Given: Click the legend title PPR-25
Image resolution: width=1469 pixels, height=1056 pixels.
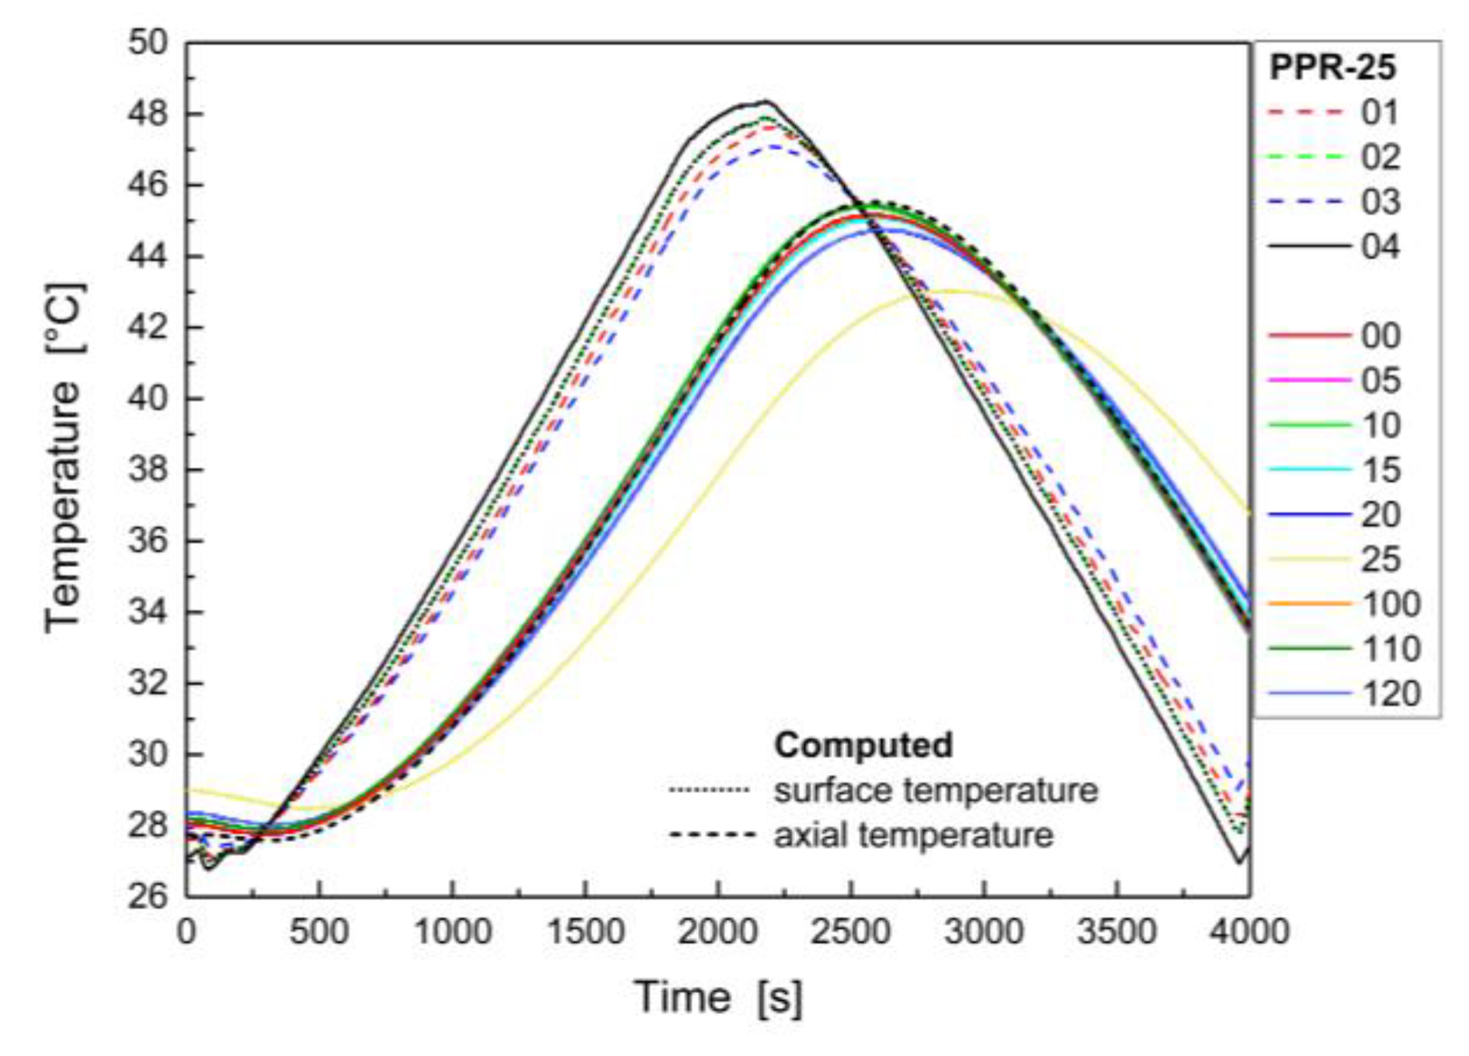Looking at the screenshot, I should [x=1332, y=68].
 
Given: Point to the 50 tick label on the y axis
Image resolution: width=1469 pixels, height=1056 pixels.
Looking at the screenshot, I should [x=148, y=43].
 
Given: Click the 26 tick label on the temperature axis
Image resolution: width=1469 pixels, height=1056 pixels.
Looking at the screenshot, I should [x=148, y=896].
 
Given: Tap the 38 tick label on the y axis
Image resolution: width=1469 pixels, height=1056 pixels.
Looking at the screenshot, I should [x=148, y=469].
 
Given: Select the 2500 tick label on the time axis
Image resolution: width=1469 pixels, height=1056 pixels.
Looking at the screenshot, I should [x=851, y=931].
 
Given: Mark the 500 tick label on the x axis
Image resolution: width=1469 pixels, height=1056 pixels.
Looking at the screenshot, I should [x=319, y=931].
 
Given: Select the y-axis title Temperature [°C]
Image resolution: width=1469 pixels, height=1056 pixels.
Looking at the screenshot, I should [x=64, y=458].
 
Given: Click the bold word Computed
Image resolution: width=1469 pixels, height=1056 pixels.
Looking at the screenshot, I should [x=863, y=745].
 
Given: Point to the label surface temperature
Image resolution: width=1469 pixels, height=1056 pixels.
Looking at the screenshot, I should [x=936, y=791].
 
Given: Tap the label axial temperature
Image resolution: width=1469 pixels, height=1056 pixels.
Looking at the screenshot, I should [x=913, y=836].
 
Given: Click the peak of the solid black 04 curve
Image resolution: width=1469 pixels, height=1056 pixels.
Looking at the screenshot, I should [x=766, y=102].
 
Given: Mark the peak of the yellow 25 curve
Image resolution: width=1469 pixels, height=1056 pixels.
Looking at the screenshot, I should [x=951, y=292].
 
